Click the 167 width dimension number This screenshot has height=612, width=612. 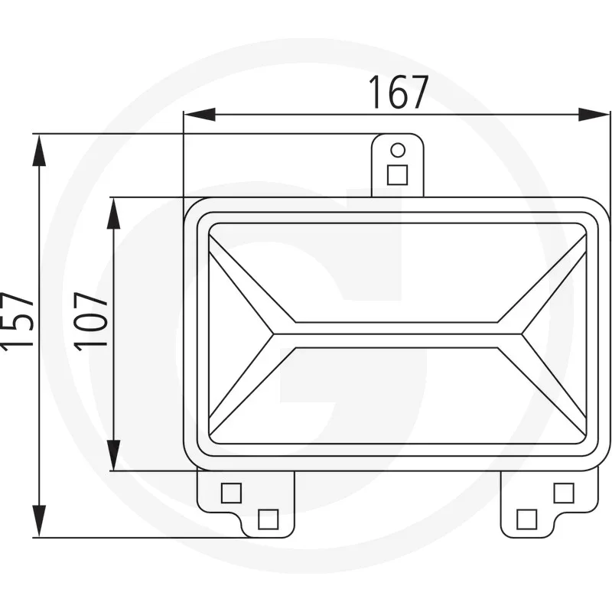point(399,92)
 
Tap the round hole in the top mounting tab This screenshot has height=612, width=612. point(398,150)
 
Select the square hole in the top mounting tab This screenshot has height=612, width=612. point(397,174)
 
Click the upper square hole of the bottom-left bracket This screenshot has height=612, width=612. point(231,493)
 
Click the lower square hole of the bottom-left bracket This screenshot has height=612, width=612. point(269,519)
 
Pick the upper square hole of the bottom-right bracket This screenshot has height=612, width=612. point(564,493)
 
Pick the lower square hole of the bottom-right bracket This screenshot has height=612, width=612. point(526,519)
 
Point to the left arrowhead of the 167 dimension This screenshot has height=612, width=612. point(200,115)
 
